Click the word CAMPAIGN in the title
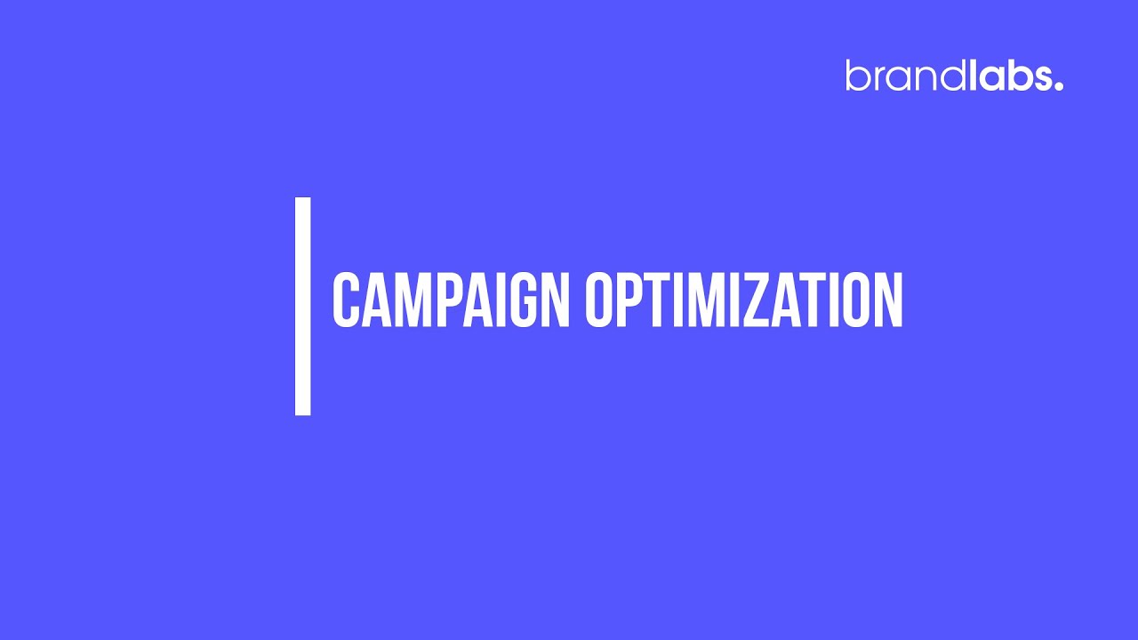click(451, 300)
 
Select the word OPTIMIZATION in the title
click(744, 300)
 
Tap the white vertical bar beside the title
click(303, 307)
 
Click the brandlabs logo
click(955, 76)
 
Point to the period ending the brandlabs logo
click(1059, 86)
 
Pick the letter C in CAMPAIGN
click(346, 300)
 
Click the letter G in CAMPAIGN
click(524, 300)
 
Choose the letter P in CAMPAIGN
click(450, 300)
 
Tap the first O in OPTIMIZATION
click(599, 300)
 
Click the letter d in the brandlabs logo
click(952, 76)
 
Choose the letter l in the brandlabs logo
click(974, 76)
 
